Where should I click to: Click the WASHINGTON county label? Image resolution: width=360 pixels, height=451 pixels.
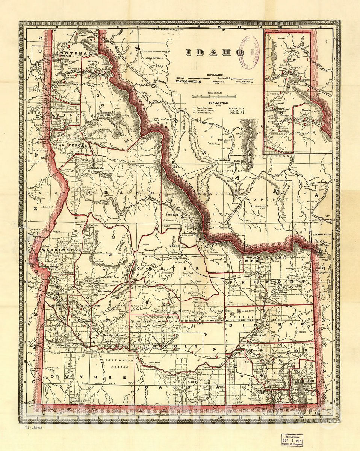61,250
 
